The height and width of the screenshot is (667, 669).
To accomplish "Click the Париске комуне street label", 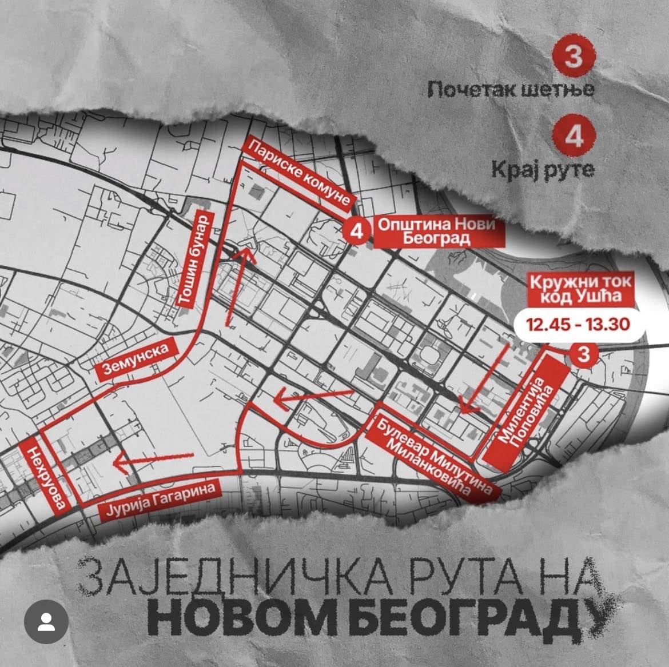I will pyautogui.click(x=300, y=177).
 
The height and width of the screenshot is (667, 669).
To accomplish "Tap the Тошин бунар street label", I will pyautogui.click(x=196, y=261).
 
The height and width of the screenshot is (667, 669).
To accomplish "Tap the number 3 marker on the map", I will pyautogui.click(x=583, y=355).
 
